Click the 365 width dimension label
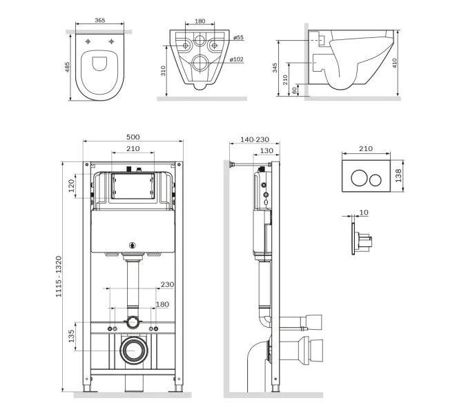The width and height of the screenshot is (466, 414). click(100, 20)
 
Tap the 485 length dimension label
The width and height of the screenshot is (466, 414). click(68, 67)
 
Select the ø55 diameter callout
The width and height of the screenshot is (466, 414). click(238, 37)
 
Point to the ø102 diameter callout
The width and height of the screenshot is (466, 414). click(237, 59)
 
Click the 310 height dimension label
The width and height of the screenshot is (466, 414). click(163, 71)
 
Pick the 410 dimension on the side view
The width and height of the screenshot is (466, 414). click(394, 63)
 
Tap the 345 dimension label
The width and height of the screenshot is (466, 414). click(275, 68)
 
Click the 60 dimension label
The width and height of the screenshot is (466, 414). click(294, 90)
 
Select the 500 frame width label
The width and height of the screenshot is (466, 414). click(133, 137)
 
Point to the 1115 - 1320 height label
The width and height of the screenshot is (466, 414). click(59, 277)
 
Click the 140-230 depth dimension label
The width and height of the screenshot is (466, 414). click(255, 139)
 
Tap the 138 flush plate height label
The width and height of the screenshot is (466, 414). click(398, 175)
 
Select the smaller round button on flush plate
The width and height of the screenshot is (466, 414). click(376, 179)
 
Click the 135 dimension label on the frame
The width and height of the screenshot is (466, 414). click(71, 336)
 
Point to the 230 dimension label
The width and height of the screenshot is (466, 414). click(167, 284)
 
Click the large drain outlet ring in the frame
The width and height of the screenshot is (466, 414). click(133, 351)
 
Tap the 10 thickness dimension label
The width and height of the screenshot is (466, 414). click(364, 213)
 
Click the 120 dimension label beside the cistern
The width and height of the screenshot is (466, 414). click(71, 186)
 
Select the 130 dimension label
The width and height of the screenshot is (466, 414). click(266, 151)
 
